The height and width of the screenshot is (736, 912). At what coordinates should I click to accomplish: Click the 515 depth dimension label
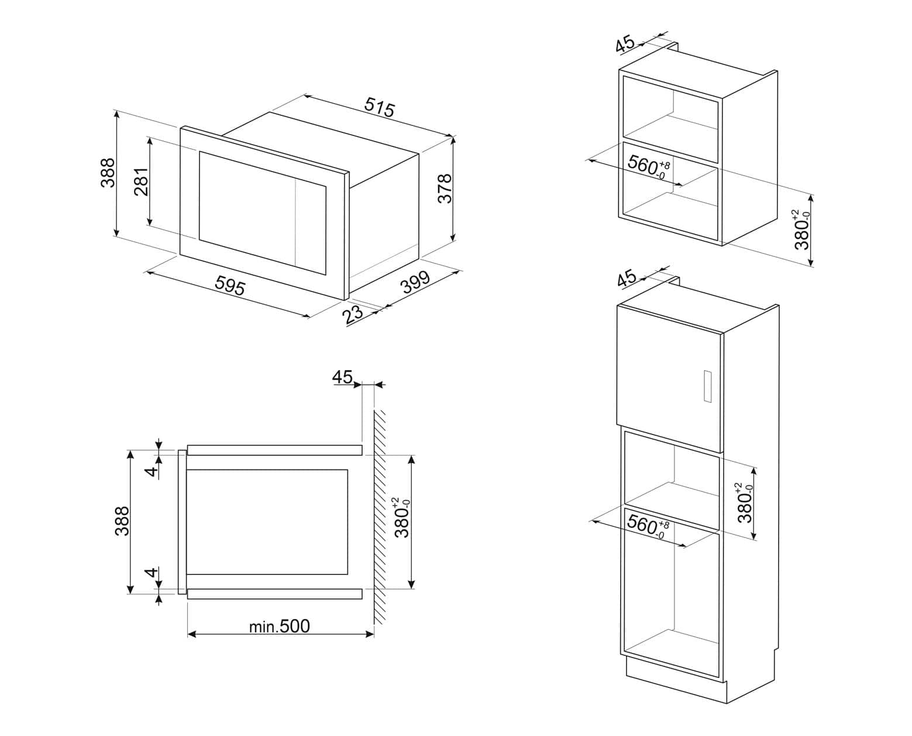pyautogui.click(x=380, y=107)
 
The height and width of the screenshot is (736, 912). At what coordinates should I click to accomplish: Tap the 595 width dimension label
pyautogui.click(x=230, y=285)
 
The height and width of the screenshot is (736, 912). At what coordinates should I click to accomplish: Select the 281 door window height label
pyautogui.click(x=142, y=182)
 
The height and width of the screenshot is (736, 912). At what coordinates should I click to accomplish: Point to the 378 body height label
pyautogui.click(x=445, y=189)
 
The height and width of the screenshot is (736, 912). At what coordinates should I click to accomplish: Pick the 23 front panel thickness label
pyautogui.click(x=353, y=314)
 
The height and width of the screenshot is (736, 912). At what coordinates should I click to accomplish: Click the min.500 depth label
pyautogui.click(x=279, y=627)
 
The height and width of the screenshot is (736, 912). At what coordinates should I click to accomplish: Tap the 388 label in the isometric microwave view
pyautogui.click(x=108, y=173)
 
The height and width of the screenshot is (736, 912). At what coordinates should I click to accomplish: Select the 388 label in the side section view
pyautogui.click(x=122, y=521)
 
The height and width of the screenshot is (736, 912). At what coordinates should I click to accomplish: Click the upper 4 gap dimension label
pyautogui.click(x=152, y=470)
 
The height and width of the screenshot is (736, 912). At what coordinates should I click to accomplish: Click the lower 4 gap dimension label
pyautogui.click(x=152, y=573)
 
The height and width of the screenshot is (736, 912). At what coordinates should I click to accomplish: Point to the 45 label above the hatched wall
pyautogui.click(x=342, y=376)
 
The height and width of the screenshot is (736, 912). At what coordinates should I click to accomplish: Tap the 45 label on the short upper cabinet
pyautogui.click(x=625, y=44)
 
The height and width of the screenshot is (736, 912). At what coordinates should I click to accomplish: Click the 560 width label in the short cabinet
pyautogui.click(x=648, y=166)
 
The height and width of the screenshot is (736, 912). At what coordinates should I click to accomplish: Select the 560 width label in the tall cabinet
pyautogui.click(x=647, y=526)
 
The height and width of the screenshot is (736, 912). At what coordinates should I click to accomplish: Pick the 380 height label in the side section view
pyautogui.click(x=402, y=518)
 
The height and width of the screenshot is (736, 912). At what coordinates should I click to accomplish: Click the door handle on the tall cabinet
pyautogui.click(x=708, y=386)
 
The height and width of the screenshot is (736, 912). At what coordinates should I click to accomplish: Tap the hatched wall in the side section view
pyautogui.click(x=380, y=517)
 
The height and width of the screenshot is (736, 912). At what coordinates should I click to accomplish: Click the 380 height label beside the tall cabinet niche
pyautogui.click(x=745, y=502)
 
